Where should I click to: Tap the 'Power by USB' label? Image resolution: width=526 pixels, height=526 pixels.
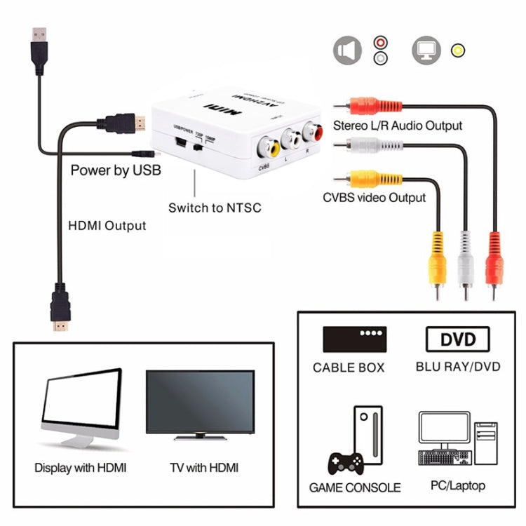pos(116,170)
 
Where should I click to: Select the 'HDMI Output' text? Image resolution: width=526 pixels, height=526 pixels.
pos(107,225)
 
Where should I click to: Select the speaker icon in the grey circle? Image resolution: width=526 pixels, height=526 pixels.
pos(348,51)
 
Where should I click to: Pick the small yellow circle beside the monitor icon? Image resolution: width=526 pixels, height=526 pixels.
pos(459,50)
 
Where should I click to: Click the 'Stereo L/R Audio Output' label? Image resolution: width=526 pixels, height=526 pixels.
pos(397,126)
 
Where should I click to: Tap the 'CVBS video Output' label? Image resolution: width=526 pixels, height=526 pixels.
pos(374,197)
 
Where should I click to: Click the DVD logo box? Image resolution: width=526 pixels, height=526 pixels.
pos(457,340)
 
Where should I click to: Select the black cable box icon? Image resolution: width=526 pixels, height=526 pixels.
pos(355,339)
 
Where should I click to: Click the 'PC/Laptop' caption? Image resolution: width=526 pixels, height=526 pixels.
pos(457,485)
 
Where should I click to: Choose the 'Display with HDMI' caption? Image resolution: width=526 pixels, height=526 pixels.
pos(81,467)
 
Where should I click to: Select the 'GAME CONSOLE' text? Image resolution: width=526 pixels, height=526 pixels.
pos(355,487)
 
